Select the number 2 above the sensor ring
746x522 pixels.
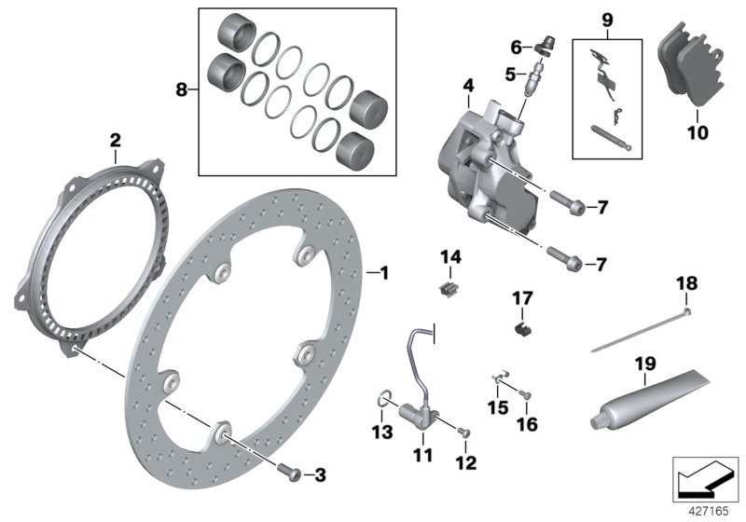115,141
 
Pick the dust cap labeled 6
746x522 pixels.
548,44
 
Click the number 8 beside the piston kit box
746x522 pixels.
181,89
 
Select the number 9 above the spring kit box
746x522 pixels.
606,18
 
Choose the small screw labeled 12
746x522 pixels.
464,432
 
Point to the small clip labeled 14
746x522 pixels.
450,287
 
